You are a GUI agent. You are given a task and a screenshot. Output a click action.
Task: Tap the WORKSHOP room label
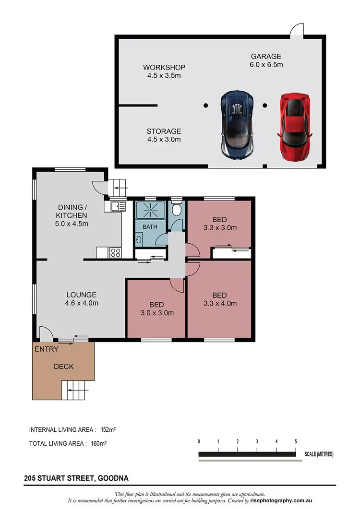pos(164,71)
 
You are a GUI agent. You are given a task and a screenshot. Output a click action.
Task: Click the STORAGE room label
pos(164,135)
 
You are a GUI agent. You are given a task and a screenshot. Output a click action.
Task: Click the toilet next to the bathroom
pos(177,210)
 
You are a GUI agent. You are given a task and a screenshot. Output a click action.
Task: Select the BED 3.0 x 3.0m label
pos(156,308)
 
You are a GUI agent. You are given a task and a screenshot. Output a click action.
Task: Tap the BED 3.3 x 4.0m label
pos(220,299)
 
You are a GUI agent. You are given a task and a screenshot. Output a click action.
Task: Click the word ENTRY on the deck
pos(47,349)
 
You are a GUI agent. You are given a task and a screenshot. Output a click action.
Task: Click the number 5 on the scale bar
pos(296,441)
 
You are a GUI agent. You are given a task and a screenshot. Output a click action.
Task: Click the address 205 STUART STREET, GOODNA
pos(76,478)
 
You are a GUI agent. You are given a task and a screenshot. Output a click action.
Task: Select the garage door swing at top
pos(298,30)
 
